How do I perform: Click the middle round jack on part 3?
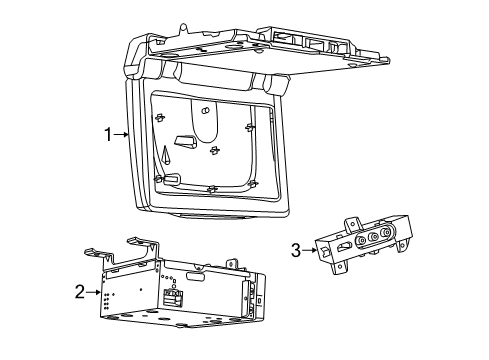pos(372,239)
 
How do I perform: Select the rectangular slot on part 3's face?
pos(343,249)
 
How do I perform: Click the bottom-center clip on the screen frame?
pos(210,188)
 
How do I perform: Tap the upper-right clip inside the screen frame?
pos(249,127)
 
